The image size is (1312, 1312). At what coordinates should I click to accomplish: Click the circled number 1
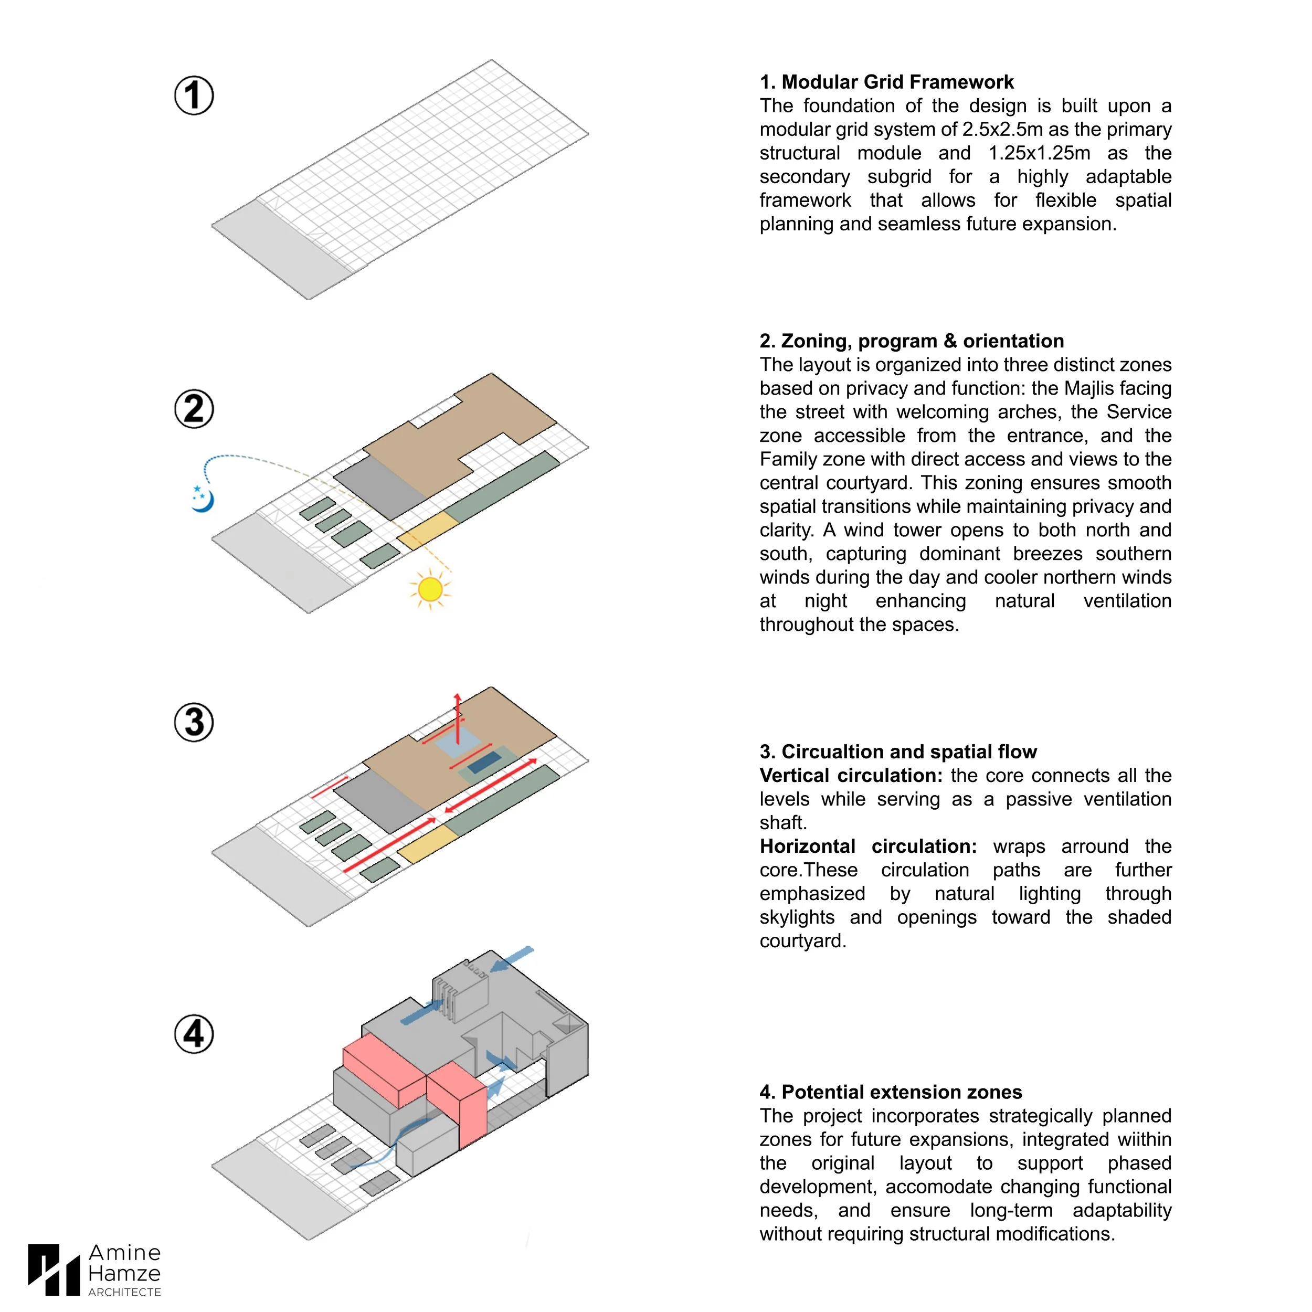tap(194, 95)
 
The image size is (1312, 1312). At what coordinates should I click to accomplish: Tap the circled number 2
tap(194, 409)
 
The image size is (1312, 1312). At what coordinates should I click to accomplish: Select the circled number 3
tap(194, 722)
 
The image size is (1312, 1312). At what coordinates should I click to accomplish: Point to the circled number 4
tap(194, 1034)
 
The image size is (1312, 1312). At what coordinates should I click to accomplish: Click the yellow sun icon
tap(430, 589)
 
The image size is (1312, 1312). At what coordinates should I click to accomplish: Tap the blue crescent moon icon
tap(203, 499)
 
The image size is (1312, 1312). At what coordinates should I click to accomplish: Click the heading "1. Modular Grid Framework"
tap(886, 82)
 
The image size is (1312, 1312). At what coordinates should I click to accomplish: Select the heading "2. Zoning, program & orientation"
tap(912, 341)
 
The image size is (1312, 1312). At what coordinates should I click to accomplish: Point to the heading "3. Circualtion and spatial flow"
tap(898, 752)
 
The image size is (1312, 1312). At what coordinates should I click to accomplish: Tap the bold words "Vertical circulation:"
tap(851, 776)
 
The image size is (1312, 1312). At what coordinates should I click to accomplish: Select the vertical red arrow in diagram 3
tap(458, 720)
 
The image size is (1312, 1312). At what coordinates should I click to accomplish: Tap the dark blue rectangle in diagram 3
tap(485, 763)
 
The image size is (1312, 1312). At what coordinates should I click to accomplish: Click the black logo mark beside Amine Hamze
tap(54, 1270)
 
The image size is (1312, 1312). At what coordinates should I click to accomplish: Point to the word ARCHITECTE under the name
tap(125, 1292)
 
